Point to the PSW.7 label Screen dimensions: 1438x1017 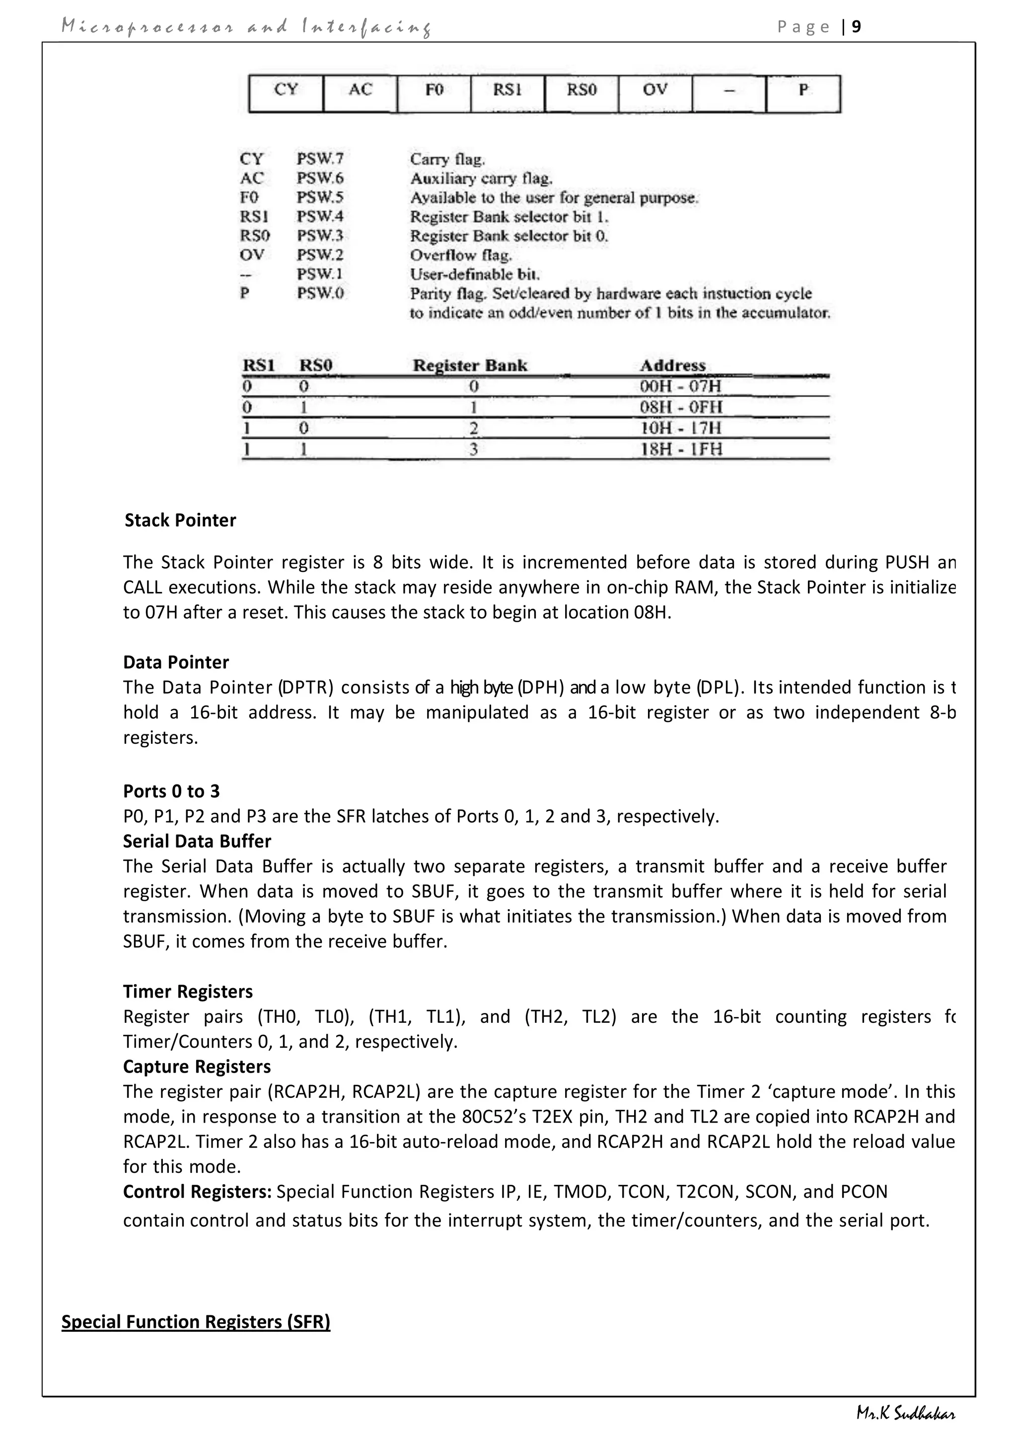point(320,159)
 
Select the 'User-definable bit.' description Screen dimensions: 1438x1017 point(475,274)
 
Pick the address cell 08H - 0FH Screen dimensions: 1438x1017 point(681,407)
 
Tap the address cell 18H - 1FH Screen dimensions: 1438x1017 point(681,448)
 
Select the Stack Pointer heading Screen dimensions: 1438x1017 point(180,520)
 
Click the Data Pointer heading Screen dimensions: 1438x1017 point(176,662)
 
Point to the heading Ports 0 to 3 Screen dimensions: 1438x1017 point(172,791)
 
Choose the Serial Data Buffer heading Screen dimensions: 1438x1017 point(197,841)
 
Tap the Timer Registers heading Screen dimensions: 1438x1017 point(188,992)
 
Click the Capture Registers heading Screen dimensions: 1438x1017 point(197,1067)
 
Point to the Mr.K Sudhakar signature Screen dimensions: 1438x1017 point(906,1414)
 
